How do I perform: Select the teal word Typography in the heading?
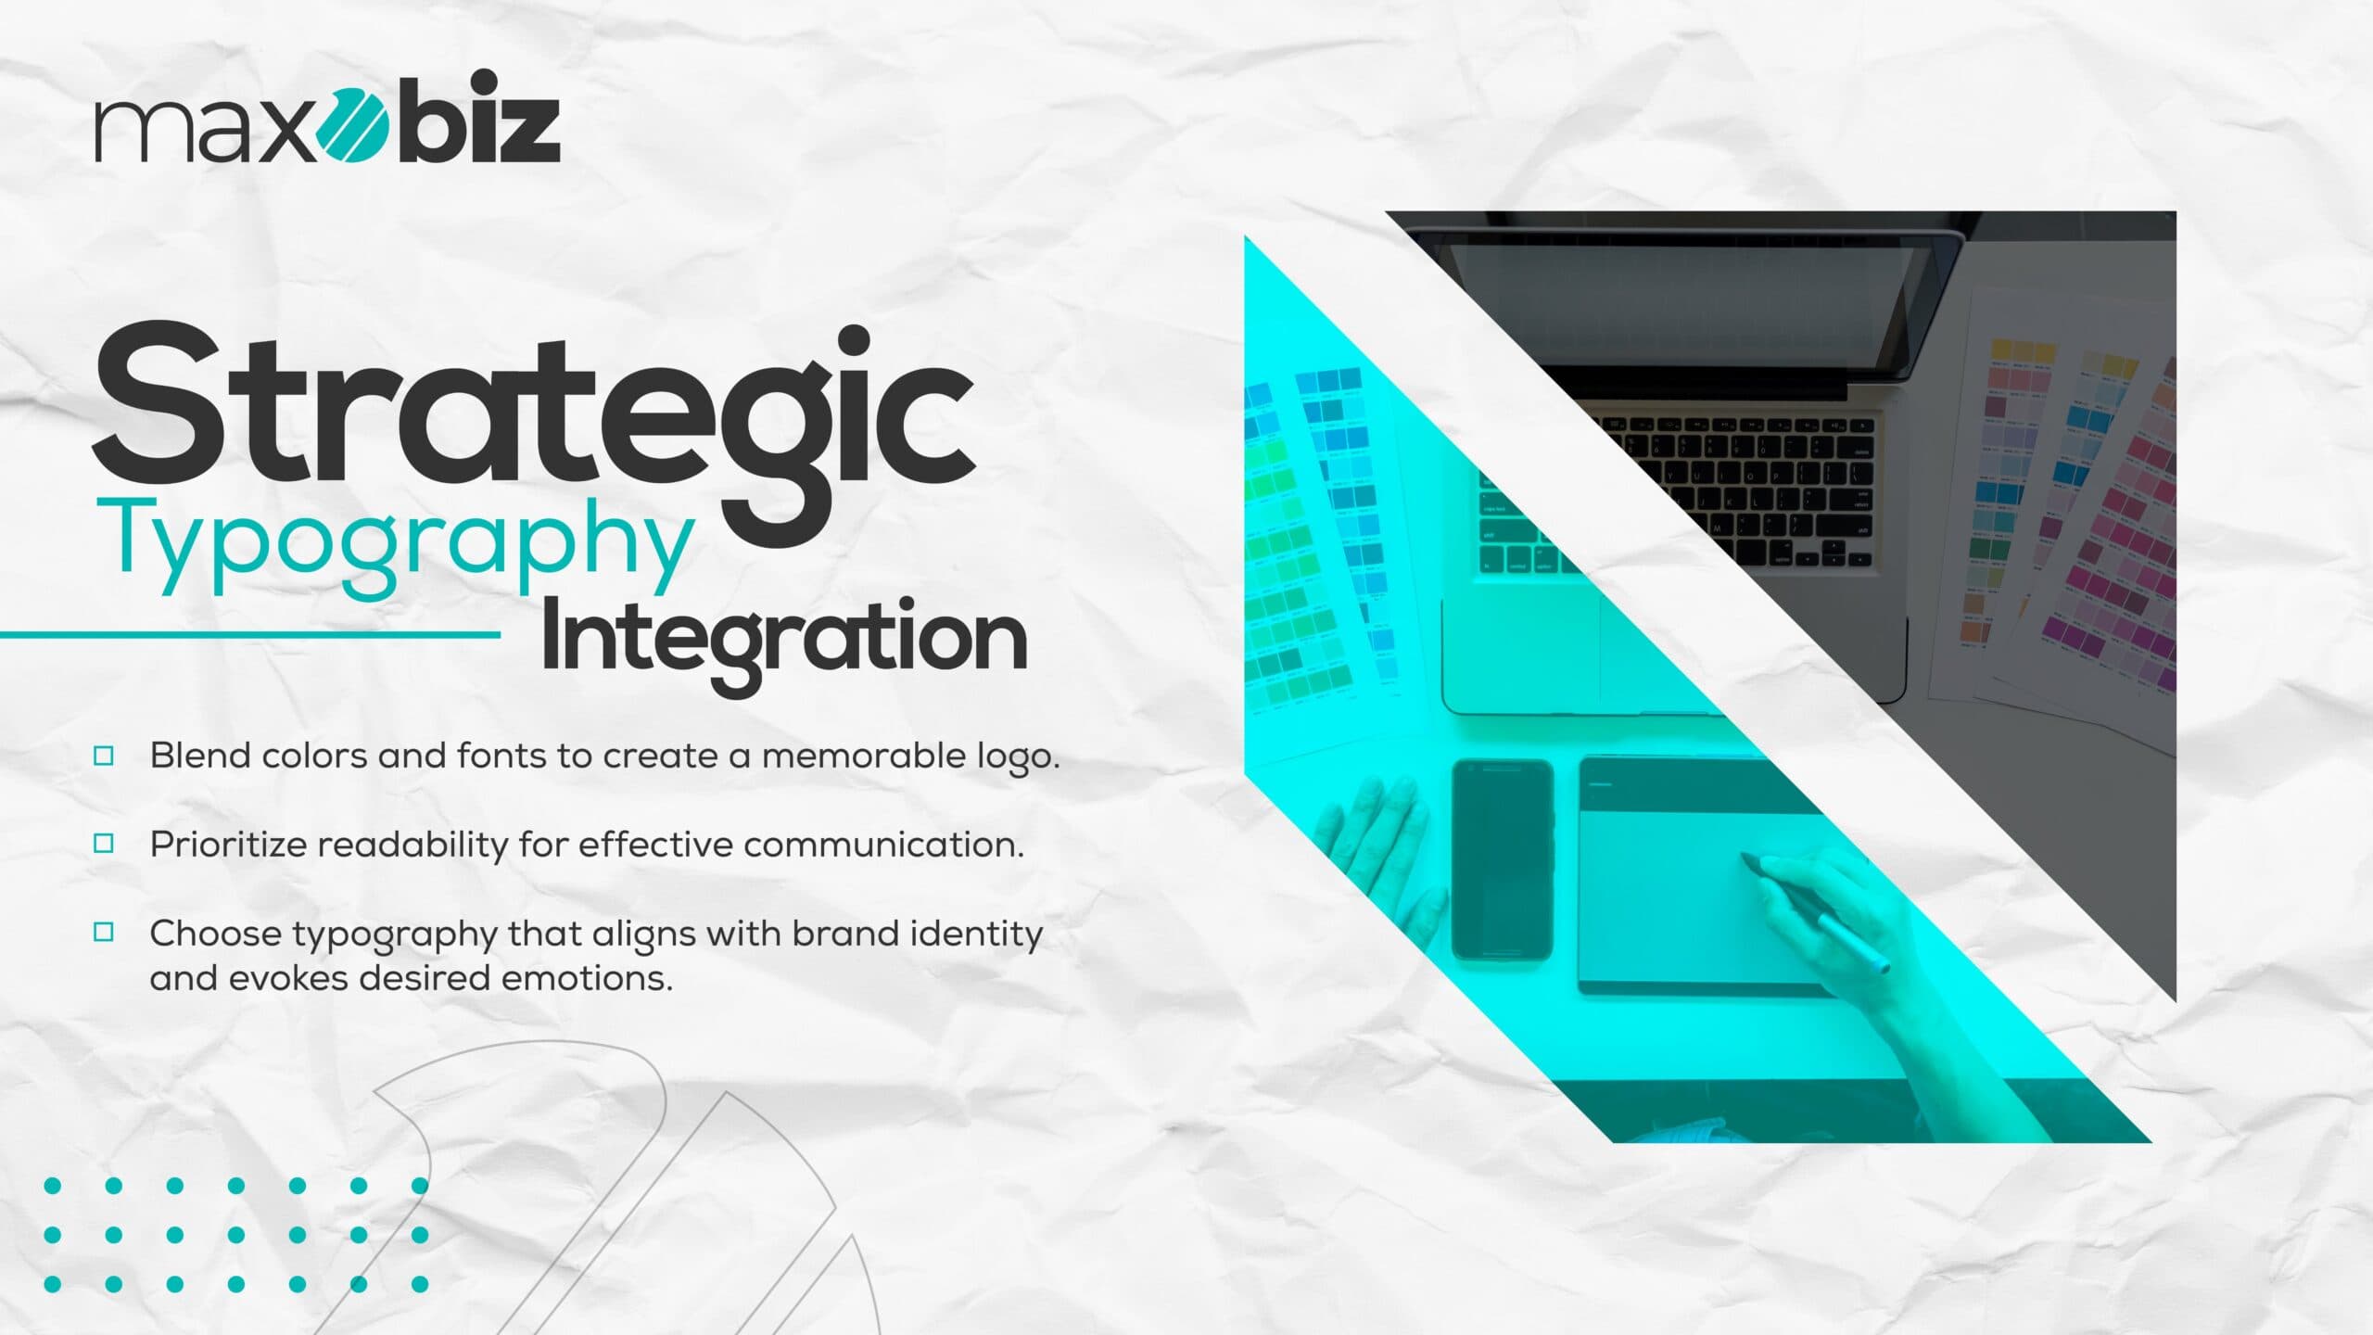[401, 547]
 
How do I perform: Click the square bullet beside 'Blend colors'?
[104, 756]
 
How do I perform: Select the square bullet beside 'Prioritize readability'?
[104, 843]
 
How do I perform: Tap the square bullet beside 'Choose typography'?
[104, 932]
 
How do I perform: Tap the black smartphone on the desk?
[1502, 859]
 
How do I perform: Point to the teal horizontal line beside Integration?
[250, 635]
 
